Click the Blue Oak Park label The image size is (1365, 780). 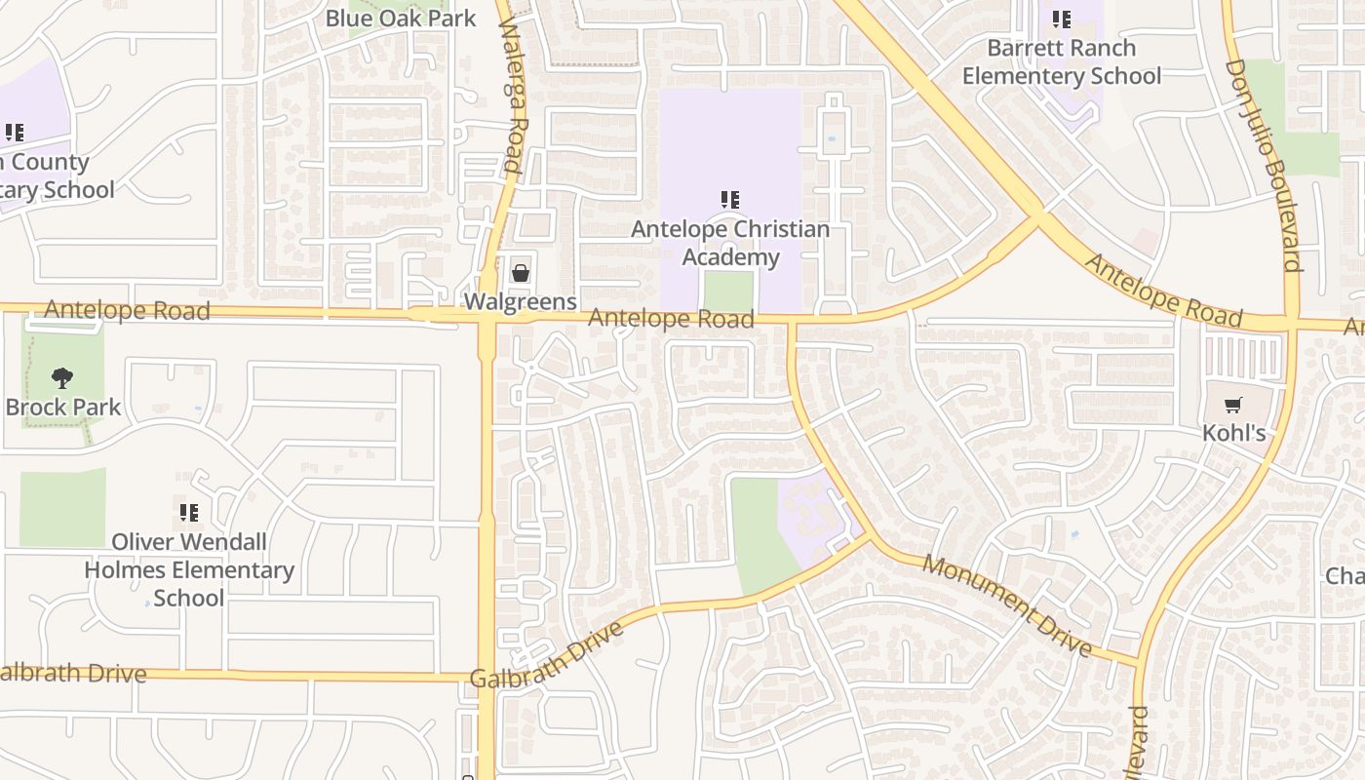coord(401,18)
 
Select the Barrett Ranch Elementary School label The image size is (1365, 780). coord(1062,61)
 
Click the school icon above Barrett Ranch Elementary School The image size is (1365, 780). coord(1062,19)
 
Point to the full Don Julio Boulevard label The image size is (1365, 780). coord(1265,165)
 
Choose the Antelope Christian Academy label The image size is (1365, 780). coord(730,243)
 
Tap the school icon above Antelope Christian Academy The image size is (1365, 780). coord(730,200)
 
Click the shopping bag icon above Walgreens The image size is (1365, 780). coord(521,273)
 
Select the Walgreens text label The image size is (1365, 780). coord(521,301)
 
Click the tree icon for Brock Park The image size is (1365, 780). coord(62,378)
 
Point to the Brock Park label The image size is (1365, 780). coord(63,407)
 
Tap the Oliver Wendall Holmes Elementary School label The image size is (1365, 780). coord(189,569)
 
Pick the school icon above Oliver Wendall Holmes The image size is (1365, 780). coord(189,512)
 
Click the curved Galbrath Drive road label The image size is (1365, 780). coord(547,655)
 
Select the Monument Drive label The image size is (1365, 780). coord(1007,604)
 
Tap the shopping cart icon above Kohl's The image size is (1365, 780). coord(1234,405)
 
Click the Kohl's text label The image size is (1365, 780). coord(1234,432)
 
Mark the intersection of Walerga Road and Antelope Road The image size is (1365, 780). coord(487,316)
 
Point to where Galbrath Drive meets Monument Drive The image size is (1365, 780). coord(867,535)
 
